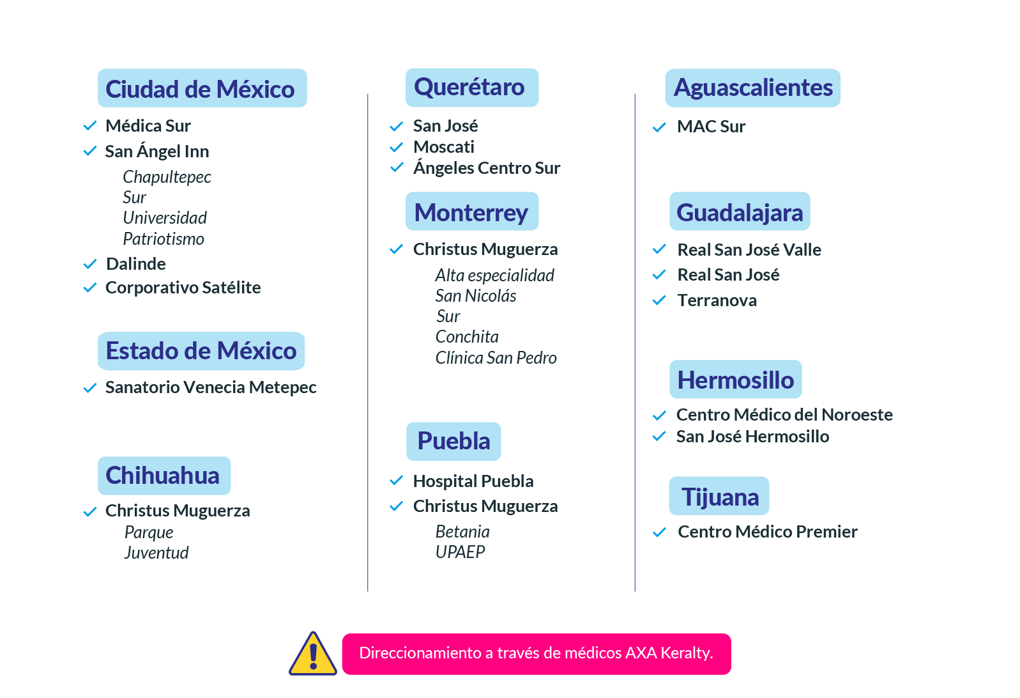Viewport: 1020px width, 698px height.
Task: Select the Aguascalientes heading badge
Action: coord(753,88)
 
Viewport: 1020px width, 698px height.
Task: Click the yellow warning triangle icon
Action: coord(313,654)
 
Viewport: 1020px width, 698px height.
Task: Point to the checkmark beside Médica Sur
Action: coord(90,125)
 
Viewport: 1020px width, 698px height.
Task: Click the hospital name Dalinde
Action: coord(135,264)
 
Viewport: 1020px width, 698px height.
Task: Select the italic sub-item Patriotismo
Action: coord(164,239)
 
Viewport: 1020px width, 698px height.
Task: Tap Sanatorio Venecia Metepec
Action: coord(211,387)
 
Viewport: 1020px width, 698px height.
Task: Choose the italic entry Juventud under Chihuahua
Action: coord(156,553)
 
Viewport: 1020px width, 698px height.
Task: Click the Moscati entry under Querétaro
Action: coord(443,147)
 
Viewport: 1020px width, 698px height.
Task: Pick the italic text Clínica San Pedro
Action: coord(496,358)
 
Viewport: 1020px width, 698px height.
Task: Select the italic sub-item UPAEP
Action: coord(460,552)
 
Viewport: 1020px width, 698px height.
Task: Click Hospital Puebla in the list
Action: coord(473,481)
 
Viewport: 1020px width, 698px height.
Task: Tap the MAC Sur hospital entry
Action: coord(711,126)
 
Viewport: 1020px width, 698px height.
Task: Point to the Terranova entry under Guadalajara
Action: coord(717,300)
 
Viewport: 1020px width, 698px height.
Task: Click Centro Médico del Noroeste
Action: coord(784,415)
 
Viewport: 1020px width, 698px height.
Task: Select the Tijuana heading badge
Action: coord(719,496)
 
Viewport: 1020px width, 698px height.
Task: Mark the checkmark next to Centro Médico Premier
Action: coord(659,532)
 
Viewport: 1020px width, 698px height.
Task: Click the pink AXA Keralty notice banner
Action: coord(537,654)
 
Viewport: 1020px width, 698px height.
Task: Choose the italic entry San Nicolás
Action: coord(475,296)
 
